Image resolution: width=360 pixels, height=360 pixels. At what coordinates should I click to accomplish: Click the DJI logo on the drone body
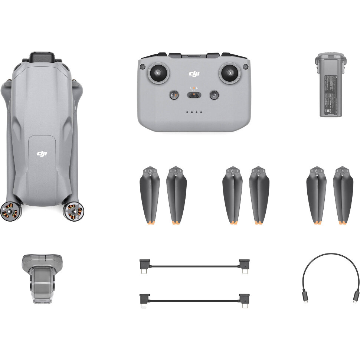(x=42, y=153)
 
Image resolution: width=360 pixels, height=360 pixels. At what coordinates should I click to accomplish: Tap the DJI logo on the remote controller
(x=194, y=74)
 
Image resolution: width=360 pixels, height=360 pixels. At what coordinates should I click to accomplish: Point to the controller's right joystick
(x=229, y=73)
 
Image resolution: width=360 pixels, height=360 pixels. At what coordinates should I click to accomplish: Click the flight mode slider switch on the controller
(x=194, y=95)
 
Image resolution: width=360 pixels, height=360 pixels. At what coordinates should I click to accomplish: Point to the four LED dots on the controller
(x=194, y=112)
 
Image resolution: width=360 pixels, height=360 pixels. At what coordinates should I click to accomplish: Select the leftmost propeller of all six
(x=150, y=195)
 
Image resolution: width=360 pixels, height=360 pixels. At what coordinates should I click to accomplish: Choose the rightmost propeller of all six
(x=343, y=195)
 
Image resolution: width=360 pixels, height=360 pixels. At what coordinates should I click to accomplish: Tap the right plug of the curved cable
(x=356, y=297)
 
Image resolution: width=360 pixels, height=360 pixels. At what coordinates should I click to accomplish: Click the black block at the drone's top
(x=42, y=58)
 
